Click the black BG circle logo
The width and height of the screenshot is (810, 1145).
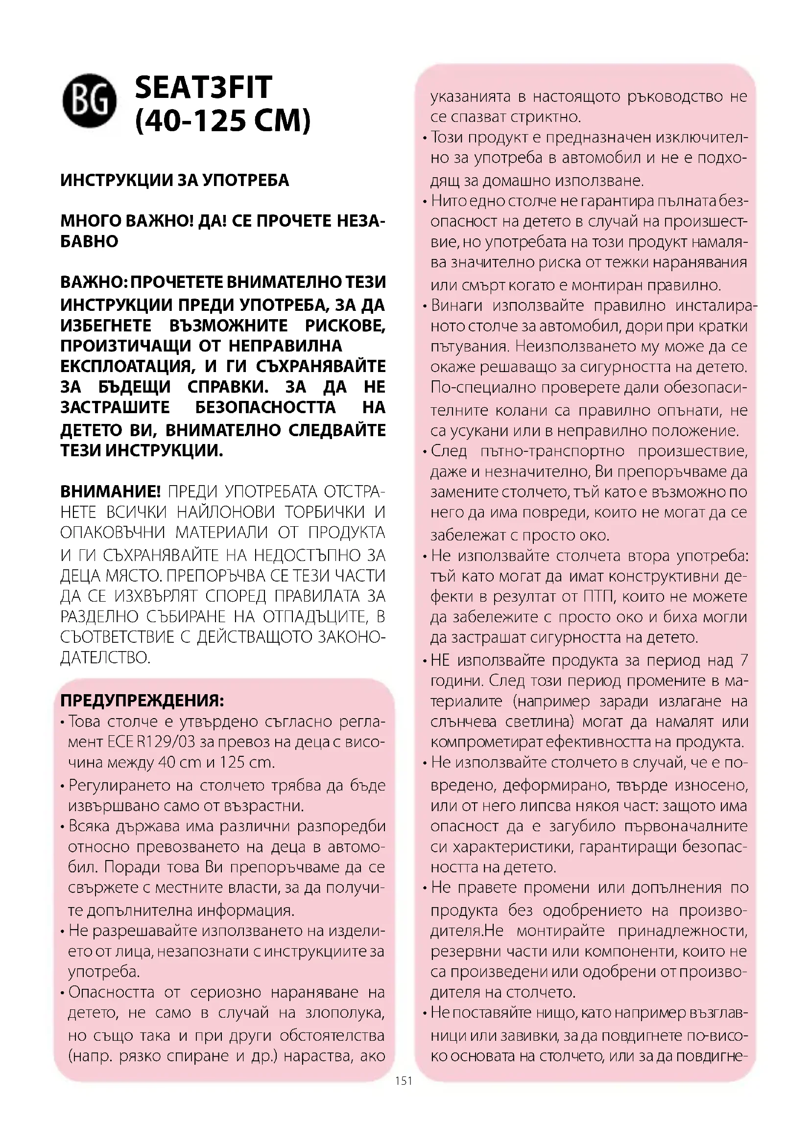pos(89,101)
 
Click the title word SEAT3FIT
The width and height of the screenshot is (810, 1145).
pos(204,88)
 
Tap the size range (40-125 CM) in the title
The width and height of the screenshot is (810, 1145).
pos(223,120)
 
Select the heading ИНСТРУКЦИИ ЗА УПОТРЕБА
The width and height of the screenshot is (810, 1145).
pos(174,180)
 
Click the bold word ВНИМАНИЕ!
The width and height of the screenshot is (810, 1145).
pos(110,491)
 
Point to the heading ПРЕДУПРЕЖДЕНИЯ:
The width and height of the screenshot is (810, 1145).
pos(142,700)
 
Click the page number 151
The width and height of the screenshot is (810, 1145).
pos(404,1081)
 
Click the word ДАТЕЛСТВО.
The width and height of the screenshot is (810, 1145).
pos(105,657)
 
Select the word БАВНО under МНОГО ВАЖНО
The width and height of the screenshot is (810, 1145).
pos(89,241)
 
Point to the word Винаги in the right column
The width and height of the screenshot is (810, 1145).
pos(456,305)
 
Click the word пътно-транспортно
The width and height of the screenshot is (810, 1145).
pos(552,451)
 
